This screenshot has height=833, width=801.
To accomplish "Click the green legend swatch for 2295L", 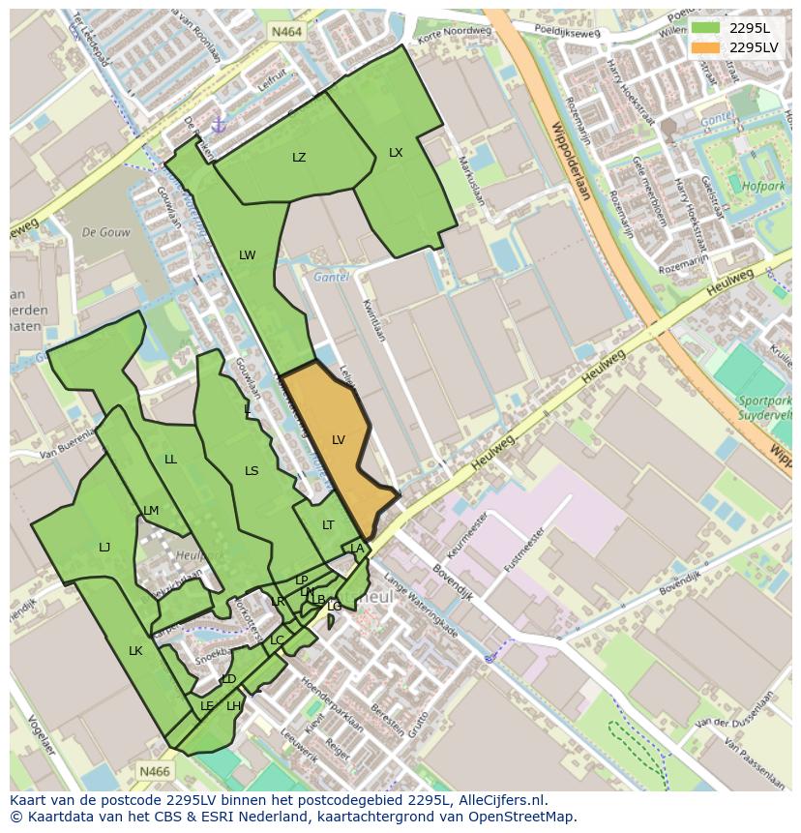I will pyautogui.click(x=705, y=28).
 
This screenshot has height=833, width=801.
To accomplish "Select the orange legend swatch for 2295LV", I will pyautogui.click(x=705, y=47).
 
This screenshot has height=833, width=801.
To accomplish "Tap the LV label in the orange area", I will pyautogui.click(x=339, y=440).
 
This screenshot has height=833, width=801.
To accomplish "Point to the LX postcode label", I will pyautogui.click(x=396, y=153).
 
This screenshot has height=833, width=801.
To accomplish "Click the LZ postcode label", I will pyautogui.click(x=299, y=158).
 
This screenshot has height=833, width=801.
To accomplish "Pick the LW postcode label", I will pyautogui.click(x=248, y=255).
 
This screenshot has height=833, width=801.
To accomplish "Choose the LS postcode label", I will pyautogui.click(x=252, y=471).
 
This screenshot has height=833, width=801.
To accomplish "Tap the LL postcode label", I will pyautogui.click(x=170, y=460).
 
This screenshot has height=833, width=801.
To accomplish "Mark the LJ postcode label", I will pyautogui.click(x=104, y=548).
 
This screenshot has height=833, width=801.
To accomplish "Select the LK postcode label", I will pyautogui.click(x=135, y=651).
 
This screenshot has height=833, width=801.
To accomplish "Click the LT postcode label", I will pyautogui.click(x=328, y=525).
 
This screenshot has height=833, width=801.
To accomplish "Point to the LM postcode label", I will pyautogui.click(x=151, y=511).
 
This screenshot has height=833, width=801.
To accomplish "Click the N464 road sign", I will pyautogui.click(x=286, y=32).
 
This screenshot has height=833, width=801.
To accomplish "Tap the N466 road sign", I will pyautogui.click(x=154, y=771).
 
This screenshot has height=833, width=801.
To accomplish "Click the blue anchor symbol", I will pyautogui.click(x=218, y=124).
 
